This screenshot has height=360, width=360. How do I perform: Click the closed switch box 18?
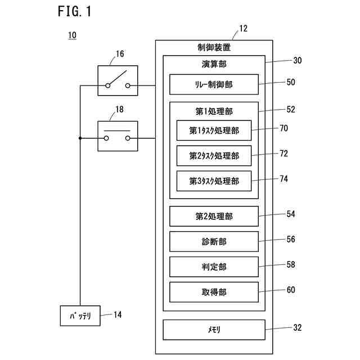pyautogui.click(x=118, y=136)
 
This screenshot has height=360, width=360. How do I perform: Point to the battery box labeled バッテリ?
pyautogui.click(x=80, y=315)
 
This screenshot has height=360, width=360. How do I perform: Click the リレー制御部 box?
pyautogui.click(x=214, y=84)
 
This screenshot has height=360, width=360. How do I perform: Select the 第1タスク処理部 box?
pyautogui.click(x=214, y=130)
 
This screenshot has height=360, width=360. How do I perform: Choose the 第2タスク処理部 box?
pyautogui.click(x=214, y=155)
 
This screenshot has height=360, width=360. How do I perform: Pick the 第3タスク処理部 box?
pyautogui.click(x=214, y=181)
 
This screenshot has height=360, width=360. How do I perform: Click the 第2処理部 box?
pyautogui.click(x=214, y=216)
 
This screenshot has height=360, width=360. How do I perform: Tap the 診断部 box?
pyautogui.click(x=214, y=241)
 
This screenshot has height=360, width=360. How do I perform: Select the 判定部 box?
pyautogui.click(x=214, y=267)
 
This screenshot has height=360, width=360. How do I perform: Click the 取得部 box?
pyautogui.click(x=214, y=292)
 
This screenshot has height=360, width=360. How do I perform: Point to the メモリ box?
pyautogui.click(x=214, y=330)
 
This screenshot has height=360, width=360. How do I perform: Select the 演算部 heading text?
pyautogui.click(x=214, y=64)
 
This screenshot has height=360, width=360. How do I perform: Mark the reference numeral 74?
pyautogui.click(x=283, y=178)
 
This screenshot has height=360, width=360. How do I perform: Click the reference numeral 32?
pyautogui.click(x=298, y=327)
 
